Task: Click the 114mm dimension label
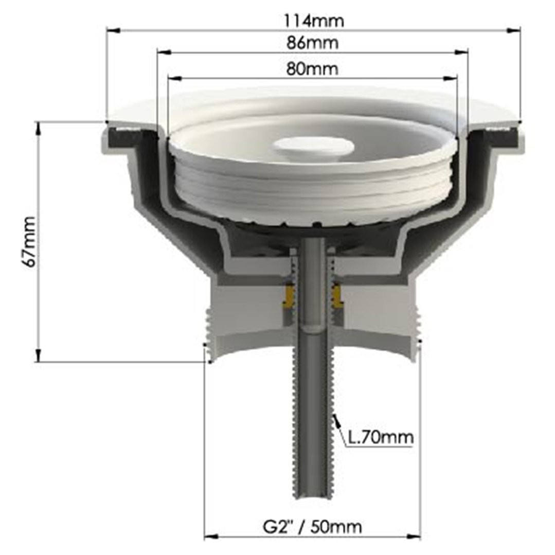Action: coord(314,21)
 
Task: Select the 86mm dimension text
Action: coord(313,43)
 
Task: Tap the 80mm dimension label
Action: coord(312,68)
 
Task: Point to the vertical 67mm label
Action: coord(29,242)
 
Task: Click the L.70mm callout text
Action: coord(381,438)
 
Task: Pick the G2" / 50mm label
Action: coord(312,526)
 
